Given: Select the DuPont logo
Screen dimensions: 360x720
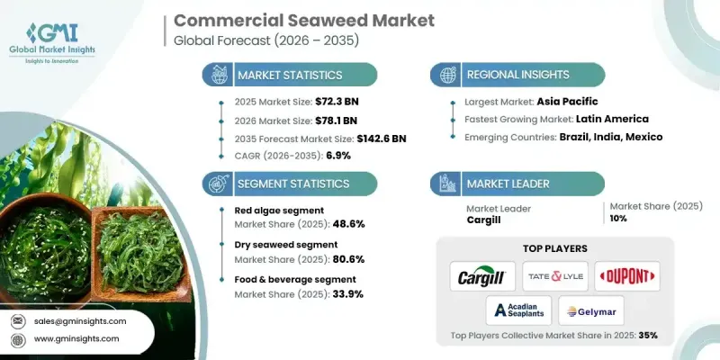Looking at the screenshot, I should click(627, 276).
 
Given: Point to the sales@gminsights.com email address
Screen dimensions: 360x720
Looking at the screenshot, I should click(82, 320).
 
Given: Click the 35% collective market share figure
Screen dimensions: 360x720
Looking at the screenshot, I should click(647, 335).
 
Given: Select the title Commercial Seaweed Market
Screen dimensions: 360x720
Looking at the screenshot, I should click(290, 20).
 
